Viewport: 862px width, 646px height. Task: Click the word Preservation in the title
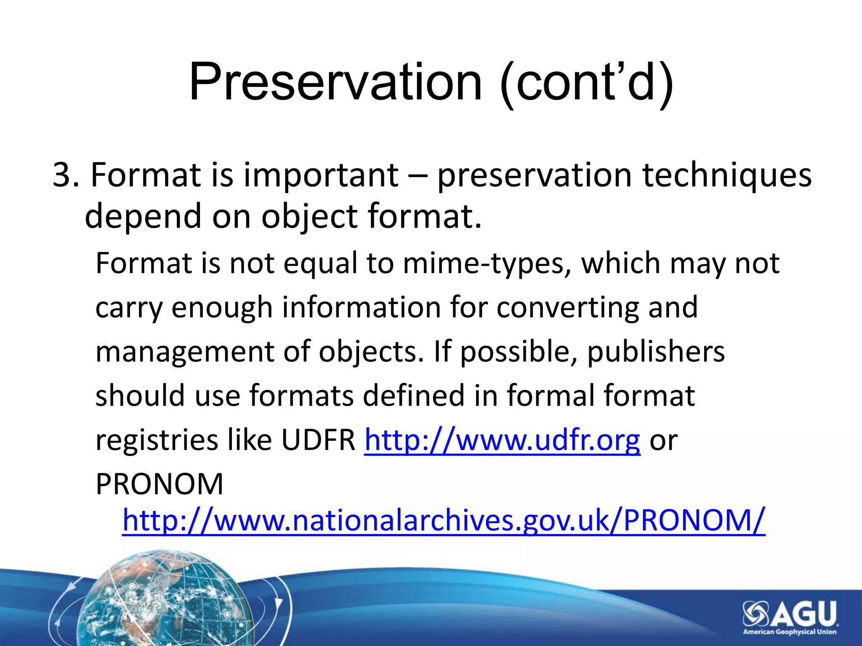point(335,82)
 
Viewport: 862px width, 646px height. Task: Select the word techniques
point(727,175)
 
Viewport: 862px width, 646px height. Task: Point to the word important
point(321,175)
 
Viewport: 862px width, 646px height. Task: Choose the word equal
point(320,263)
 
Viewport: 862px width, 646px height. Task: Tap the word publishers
point(656,352)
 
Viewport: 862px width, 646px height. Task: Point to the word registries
point(156,440)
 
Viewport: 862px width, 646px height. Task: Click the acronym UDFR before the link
point(318,440)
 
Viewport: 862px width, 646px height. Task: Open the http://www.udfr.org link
point(502,440)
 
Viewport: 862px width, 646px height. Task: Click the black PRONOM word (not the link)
point(160,484)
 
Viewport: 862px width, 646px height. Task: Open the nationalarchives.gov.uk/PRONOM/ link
point(443,521)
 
